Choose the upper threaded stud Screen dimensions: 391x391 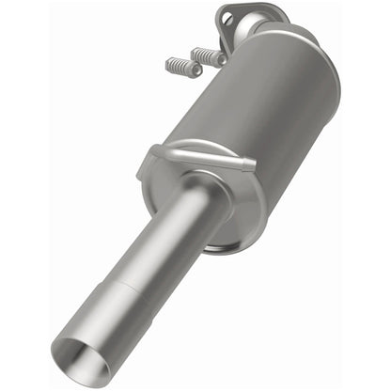[x=209, y=56]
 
